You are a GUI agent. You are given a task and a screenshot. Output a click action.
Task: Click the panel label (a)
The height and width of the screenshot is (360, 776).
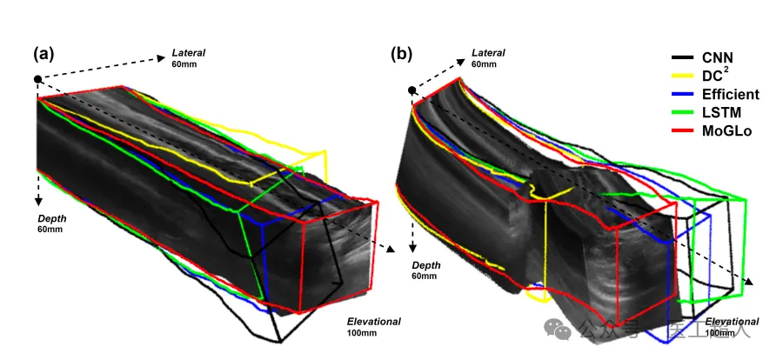(x=43, y=54)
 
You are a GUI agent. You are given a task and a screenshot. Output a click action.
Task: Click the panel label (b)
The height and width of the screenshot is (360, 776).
(x=402, y=54)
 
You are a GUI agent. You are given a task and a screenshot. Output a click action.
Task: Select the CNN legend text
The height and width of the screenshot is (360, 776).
(x=719, y=57)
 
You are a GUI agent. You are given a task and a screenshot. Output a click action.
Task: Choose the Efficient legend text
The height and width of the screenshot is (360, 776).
(x=731, y=94)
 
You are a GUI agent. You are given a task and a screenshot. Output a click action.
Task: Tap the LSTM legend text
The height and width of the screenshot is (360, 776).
(x=723, y=112)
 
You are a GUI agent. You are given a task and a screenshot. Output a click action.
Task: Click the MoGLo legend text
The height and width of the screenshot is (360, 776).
(x=727, y=130)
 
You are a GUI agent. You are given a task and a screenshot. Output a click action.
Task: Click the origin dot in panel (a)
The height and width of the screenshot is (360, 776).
(x=37, y=79)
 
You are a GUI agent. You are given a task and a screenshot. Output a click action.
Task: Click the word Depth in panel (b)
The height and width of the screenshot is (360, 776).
(x=426, y=264)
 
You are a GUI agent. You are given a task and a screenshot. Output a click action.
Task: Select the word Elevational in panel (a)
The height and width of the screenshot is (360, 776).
(x=373, y=321)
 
